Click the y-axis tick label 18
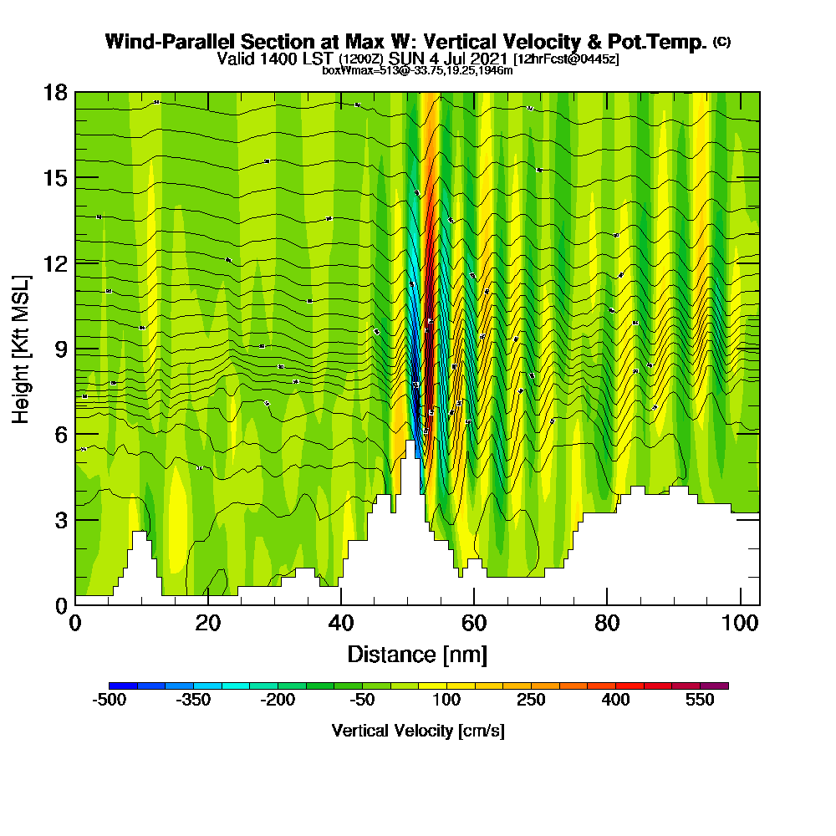pos(54,92)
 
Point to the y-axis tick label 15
pos(54,177)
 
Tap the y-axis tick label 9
pos(60,349)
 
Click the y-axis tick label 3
pos(60,520)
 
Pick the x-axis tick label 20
pos(207,624)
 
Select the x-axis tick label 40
pos(340,624)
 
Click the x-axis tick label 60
pos(474,624)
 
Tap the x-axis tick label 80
pos(607,624)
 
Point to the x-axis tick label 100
pos(739,624)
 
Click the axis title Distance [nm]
pos(417,654)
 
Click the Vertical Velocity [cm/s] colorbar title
pos(417,731)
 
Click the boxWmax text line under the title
pos(417,70)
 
